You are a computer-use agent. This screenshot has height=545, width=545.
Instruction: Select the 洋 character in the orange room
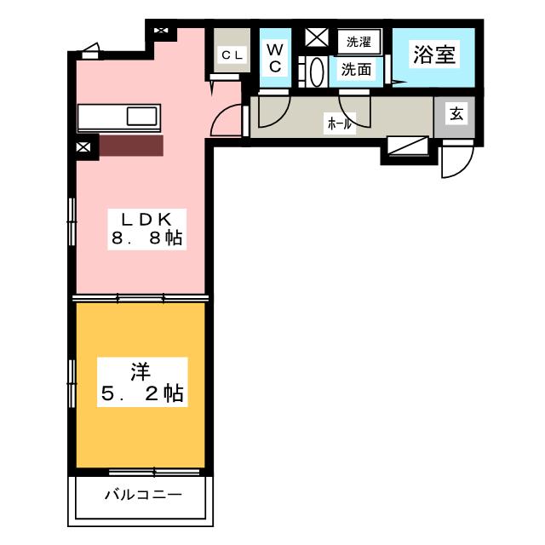[x=141, y=372]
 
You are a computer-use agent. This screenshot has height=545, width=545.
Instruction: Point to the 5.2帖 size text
[x=141, y=393]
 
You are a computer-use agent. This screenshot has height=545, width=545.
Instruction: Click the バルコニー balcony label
[x=142, y=495]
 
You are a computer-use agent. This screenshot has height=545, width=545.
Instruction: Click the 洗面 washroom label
[x=356, y=70]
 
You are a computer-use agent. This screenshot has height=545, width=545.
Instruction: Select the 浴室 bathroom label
[x=433, y=55]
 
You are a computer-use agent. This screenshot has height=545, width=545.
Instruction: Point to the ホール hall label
[x=339, y=123]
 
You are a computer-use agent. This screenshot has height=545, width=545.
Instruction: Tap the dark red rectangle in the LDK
[x=131, y=146]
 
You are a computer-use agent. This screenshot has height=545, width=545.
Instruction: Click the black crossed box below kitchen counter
[x=83, y=147]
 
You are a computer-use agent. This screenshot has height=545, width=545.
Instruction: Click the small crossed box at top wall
[x=162, y=32]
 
